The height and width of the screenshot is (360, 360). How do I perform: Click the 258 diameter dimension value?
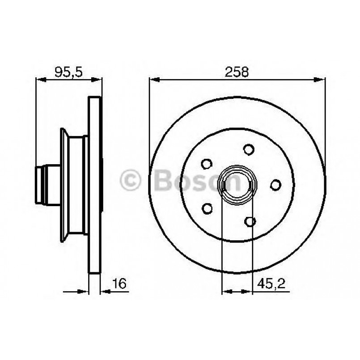(237, 72)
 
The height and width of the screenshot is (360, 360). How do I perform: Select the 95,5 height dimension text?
(68, 72)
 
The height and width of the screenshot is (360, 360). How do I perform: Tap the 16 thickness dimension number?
(120, 284)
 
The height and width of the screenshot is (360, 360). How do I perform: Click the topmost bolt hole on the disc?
(248, 149)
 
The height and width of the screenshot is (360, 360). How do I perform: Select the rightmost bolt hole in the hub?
(275, 185)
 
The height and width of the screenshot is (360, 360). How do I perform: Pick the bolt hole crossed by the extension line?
(250, 221)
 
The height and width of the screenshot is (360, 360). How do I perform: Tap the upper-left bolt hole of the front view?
(206, 164)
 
